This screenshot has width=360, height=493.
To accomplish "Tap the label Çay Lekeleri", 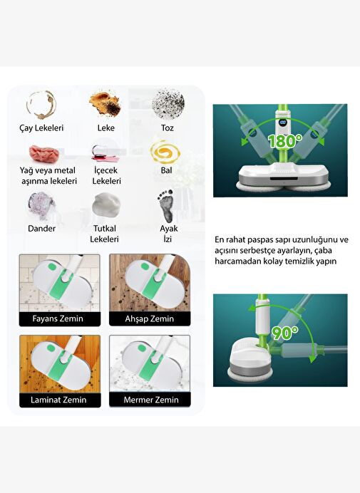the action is click(x=41, y=128).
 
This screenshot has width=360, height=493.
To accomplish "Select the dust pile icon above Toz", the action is click(x=168, y=104).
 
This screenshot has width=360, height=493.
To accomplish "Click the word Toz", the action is click(x=168, y=128).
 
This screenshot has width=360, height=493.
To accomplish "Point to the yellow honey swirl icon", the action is click(x=165, y=152).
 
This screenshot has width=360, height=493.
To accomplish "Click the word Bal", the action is click(x=167, y=170).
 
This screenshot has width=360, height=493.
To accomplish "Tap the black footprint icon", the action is click(x=167, y=206).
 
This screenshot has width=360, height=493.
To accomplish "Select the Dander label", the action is click(x=41, y=229).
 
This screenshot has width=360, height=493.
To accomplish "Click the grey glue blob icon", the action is click(x=106, y=205).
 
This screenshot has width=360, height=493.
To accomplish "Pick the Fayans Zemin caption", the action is click(x=58, y=319).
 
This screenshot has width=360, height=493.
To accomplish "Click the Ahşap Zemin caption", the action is click(x=150, y=319).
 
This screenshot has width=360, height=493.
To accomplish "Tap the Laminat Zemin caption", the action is click(x=58, y=400).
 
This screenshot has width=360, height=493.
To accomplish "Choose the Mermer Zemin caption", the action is click(x=151, y=400).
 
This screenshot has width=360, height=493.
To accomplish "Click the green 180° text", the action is click(x=284, y=141).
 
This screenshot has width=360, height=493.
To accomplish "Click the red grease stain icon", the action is click(x=44, y=154).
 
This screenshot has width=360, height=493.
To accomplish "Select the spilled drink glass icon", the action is click(x=105, y=153).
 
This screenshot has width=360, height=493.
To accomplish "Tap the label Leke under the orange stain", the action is click(x=106, y=128).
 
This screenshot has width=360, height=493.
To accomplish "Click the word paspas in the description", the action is click(x=262, y=240).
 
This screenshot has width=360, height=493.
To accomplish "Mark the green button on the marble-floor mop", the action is click(x=142, y=348).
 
